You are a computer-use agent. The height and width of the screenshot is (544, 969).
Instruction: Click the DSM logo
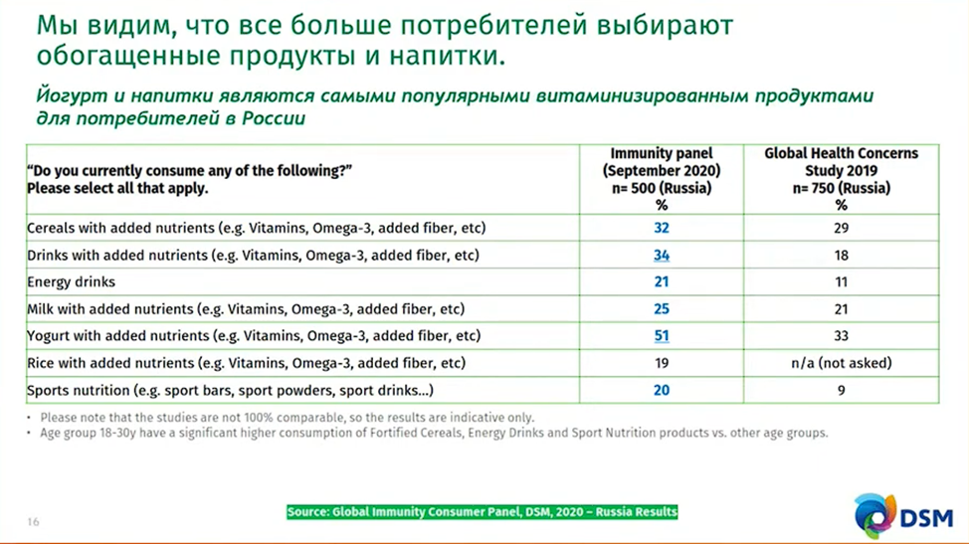point(904,515)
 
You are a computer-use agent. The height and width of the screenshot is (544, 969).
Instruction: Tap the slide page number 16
point(34,522)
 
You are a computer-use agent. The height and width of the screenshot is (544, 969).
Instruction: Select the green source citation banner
point(483,512)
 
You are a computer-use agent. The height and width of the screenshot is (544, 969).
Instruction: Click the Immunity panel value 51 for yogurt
point(662,336)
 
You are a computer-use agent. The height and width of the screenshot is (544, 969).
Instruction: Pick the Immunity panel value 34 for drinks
point(662,256)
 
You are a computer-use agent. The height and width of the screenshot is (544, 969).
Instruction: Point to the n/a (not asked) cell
point(841,363)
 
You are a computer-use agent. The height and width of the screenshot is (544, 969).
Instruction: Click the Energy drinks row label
point(71,282)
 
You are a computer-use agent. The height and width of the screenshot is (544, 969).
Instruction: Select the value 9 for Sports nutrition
point(841,390)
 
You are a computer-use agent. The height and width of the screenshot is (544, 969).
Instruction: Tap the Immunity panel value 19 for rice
point(662,363)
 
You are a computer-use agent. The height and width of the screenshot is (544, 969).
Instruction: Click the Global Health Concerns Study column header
point(841,179)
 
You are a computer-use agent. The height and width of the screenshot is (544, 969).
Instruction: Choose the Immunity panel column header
point(662,179)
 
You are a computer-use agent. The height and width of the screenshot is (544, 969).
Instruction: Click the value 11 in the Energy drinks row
point(841,282)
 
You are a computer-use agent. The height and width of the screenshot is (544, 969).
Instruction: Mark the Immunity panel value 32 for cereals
point(662,228)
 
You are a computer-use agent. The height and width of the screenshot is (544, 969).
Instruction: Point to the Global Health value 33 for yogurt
point(841,336)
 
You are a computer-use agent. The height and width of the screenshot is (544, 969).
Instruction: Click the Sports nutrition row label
point(230,390)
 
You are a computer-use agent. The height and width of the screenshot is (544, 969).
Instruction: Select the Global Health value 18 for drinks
point(841,256)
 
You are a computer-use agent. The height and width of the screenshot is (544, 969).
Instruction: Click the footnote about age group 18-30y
point(434,433)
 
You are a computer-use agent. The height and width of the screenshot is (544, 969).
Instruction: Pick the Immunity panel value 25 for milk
point(662,309)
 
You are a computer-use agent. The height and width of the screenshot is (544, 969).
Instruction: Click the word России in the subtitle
point(274,118)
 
